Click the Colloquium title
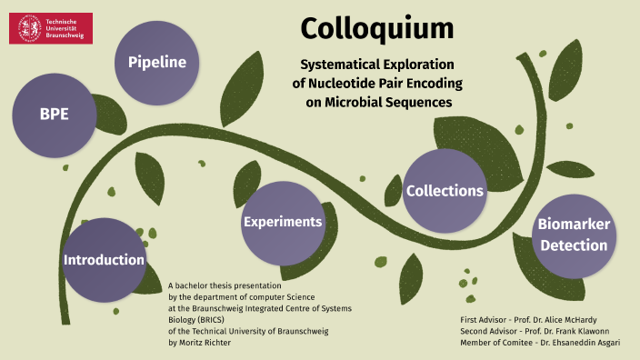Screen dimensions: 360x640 click(x=376, y=29)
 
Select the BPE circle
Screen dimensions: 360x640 click(x=54, y=115)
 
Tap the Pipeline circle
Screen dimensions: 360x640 click(x=156, y=63)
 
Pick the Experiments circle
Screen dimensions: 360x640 click(x=282, y=222)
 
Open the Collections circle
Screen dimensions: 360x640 click(x=444, y=191)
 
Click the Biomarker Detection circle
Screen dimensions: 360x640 click(x=572, y=235)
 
